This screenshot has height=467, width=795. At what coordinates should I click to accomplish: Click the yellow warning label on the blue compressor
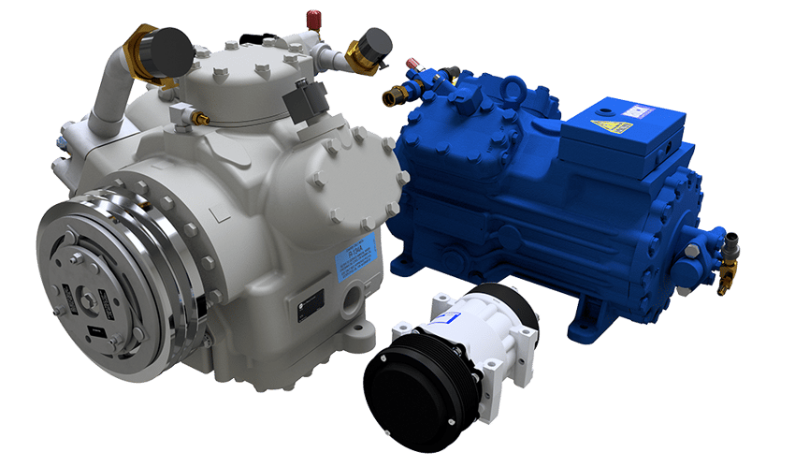[x=612, y=125]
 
